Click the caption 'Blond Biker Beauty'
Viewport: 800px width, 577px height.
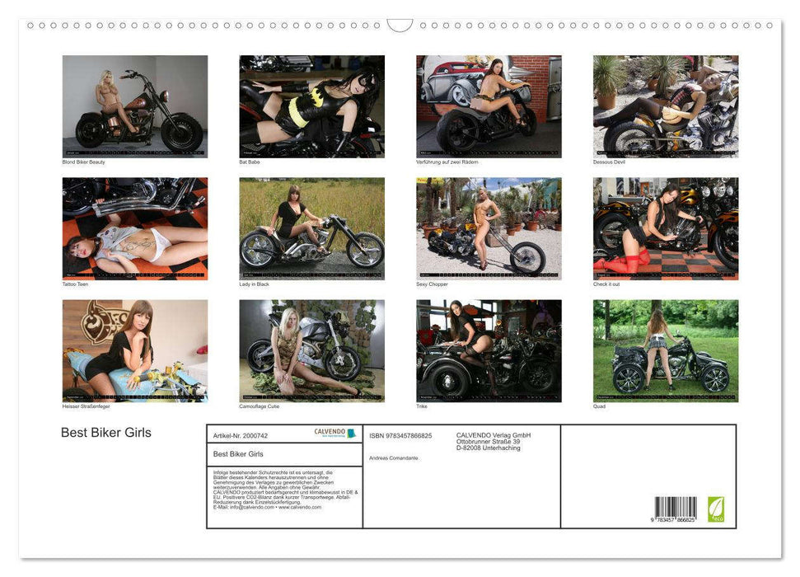84,162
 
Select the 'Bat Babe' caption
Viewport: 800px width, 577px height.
249,162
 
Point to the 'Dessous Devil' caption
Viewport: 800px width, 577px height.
609,162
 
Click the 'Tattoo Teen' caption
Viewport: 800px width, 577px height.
75,284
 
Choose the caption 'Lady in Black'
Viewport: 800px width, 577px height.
254,284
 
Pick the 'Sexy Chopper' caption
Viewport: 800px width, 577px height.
432,284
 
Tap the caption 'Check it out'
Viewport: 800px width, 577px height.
606,284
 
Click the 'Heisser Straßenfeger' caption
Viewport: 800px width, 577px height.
87,406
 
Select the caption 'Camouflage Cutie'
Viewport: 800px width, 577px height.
260,406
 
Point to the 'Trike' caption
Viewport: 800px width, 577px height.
422,406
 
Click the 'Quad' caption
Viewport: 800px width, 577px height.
599,406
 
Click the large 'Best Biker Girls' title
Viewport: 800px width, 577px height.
106,433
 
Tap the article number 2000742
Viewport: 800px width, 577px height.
240,434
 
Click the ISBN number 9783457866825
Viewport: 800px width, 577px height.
400,435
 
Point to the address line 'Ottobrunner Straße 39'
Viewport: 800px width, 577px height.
488,442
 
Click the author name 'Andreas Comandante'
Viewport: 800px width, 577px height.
394,457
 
